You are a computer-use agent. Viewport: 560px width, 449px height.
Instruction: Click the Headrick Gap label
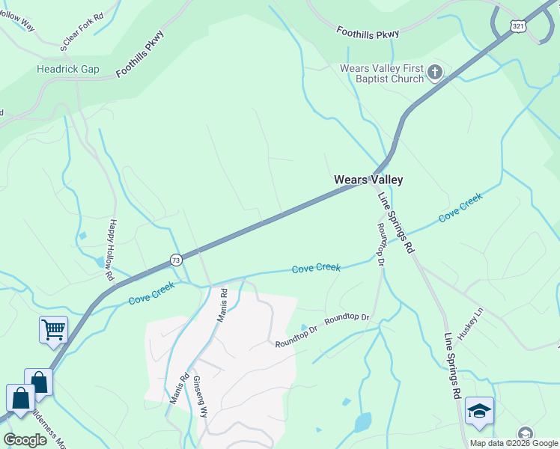click(x=68, y=69)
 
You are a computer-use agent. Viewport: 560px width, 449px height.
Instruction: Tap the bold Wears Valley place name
click(x=368, y=180)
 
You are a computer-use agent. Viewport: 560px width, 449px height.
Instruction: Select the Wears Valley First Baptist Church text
click(x=382, y=73)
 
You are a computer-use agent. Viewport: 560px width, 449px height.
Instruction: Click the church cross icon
click(x=435, y=73)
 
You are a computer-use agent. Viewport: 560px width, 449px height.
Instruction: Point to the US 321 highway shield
click(x=518, y=25)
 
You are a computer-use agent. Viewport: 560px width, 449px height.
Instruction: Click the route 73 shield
click(x=176, y=259)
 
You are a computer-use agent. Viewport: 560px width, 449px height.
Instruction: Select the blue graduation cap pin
click(x=479, y=410)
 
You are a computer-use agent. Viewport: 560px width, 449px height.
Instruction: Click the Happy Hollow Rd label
click(x=112, y=249)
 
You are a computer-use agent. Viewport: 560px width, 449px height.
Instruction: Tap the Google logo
click(x=25, y=439)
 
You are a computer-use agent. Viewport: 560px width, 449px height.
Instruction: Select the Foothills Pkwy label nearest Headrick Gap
click(x=140, y=54)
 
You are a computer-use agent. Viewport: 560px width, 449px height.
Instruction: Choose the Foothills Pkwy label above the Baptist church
click(x=368, y=32)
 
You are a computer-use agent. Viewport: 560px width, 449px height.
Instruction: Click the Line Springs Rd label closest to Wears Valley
click(x=395, y=223)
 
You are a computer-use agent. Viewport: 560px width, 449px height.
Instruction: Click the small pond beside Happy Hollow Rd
click(x=100, y=263)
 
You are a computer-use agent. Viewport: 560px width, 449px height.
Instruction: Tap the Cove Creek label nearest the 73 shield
click(x=152, y=292)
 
